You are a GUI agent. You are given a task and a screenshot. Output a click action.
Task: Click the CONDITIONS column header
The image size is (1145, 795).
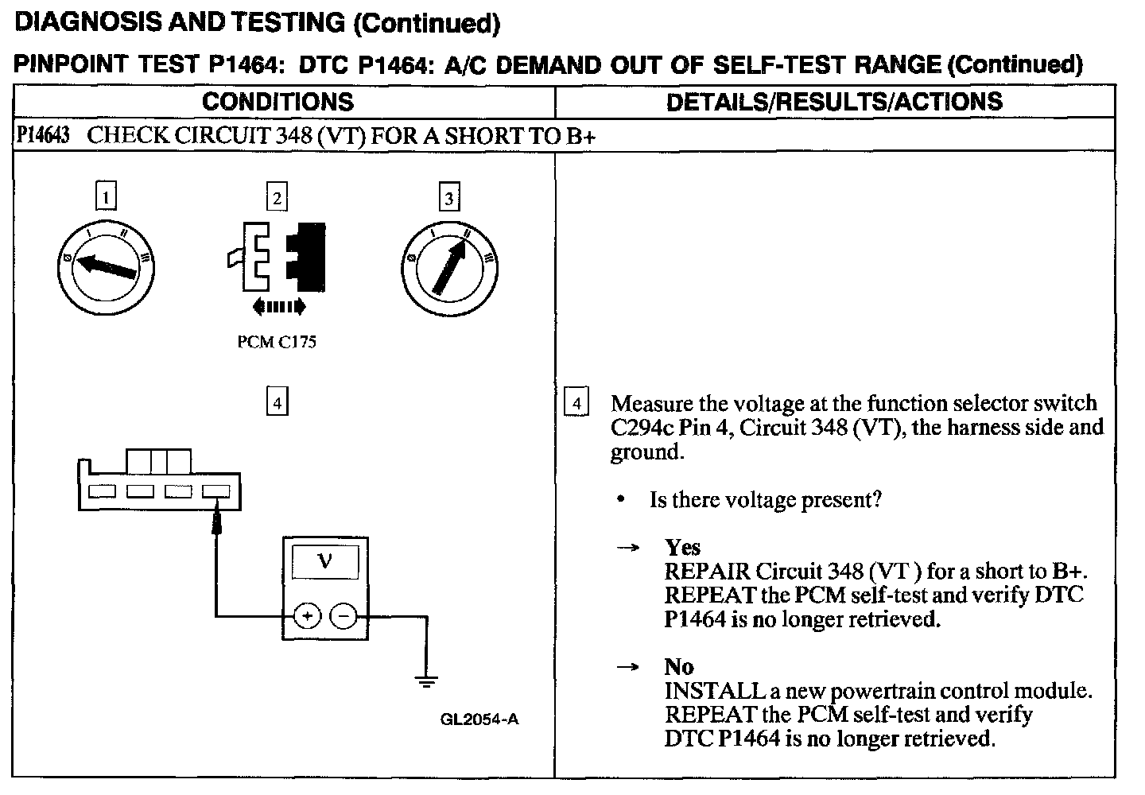(278, 102)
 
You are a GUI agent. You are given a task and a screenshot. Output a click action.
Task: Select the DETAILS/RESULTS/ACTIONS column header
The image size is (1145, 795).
(834, 102)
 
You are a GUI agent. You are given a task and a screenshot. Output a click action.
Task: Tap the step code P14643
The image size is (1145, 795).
(42, 136)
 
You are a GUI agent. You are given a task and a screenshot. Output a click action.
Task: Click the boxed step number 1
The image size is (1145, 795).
(106, 196)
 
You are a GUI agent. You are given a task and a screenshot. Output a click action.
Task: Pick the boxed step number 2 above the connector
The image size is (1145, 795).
(277, 196)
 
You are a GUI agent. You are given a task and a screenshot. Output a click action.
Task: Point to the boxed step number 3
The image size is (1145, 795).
(449, 196)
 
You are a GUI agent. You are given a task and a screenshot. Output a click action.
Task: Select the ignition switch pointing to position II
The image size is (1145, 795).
(450, 268)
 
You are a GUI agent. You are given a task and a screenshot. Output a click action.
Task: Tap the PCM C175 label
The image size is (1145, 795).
(277, 343)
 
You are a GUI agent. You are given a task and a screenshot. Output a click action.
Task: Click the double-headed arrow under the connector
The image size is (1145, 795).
(278, 306)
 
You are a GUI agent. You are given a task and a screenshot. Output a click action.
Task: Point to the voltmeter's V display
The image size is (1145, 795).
(325, 562)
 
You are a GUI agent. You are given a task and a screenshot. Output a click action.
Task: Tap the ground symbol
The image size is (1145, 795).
(426, 681)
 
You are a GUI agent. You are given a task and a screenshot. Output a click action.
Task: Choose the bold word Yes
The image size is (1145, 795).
(682, 548)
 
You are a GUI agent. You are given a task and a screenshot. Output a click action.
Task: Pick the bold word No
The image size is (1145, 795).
(679, 667)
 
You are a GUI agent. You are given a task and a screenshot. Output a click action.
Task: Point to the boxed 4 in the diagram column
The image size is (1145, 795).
(277, 403)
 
